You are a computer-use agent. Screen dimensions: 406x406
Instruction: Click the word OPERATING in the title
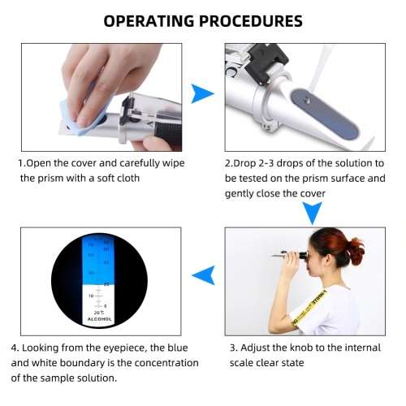(153, 20)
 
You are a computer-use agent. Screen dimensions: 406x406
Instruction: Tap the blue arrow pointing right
(201, 96)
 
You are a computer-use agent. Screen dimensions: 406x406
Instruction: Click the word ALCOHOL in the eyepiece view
(101, 320)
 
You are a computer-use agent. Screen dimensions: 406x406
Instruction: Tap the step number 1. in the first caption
(23, 163)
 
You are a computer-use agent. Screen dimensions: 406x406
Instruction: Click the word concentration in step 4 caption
(152, 362)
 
